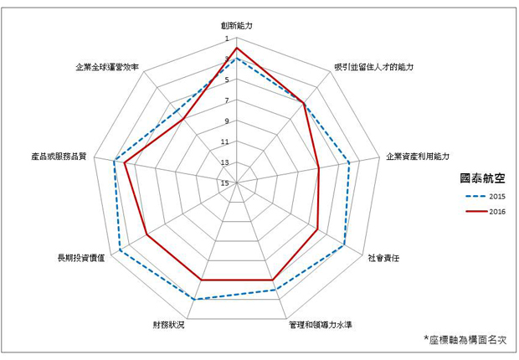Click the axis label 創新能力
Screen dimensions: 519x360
(237, 25)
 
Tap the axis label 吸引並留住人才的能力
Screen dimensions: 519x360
(373, 67)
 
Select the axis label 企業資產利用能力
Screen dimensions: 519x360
(418, 157)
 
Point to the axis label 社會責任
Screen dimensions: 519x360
(383, 258)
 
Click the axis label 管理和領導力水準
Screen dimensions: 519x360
(320, 325)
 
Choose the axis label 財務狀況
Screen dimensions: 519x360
(168, 325)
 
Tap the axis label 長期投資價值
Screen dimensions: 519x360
(81, 258)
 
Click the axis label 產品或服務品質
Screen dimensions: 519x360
(59, 157)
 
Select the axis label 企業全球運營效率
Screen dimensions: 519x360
(107, 67)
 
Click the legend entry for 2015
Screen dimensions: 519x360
(486, 197)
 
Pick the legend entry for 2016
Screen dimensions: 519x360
(486, 212)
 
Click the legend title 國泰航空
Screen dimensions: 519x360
(483, 178)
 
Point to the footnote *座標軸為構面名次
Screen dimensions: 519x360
(465, 339)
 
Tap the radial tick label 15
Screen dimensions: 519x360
(225, 183)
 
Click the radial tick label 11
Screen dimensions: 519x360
(225, 141)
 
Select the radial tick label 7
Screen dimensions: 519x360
(227, 100)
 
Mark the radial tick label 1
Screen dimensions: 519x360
(227, 39)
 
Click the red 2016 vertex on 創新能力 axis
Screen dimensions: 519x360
(237, 48)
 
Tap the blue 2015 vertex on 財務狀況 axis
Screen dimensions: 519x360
(194, 300)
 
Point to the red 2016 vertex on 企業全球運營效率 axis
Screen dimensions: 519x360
(183, 119)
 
